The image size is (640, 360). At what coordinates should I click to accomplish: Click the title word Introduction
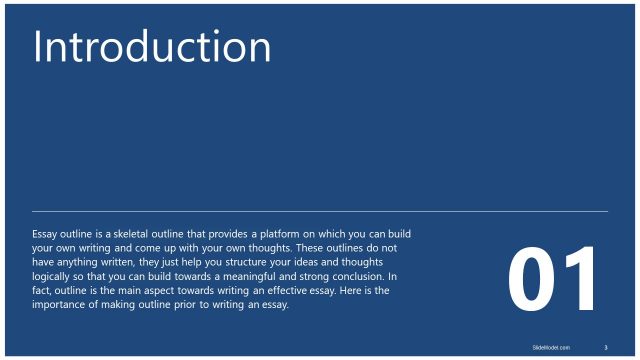[x=152, y=48]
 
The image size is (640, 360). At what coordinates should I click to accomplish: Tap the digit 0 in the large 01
[x=533, y=279]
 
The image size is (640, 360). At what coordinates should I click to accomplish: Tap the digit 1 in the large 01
[x=581, y=279]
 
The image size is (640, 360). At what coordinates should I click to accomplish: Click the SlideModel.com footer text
[x=550, y=347]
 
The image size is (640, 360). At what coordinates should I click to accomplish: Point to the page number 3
[x=606, y=347]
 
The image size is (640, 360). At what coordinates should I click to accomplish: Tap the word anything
[x=76, y=262]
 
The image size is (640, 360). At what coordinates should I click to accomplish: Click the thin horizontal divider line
[x=320, y=211]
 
